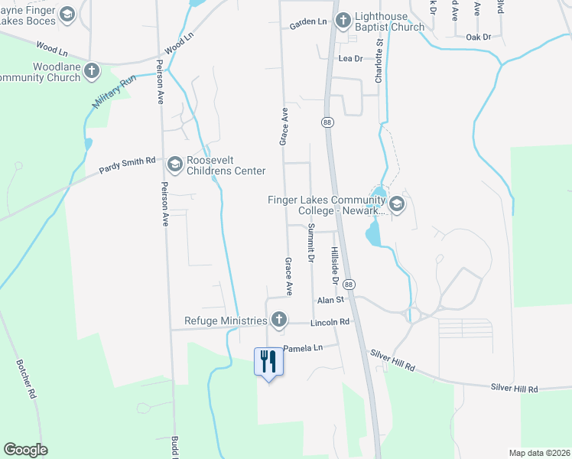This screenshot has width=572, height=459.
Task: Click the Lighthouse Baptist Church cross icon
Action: coord(343,18)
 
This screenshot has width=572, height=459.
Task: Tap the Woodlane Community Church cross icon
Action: coord(92,71)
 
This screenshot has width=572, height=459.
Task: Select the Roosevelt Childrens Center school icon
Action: coord(175,163)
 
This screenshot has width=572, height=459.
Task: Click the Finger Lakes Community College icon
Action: coord(396,203)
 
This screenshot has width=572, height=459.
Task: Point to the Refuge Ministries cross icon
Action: coord(279,320)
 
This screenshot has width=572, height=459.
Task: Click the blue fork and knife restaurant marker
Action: coord(268,360)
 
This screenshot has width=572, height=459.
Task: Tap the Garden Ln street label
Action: coord(308,25)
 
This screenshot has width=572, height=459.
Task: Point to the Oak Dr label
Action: coord(478,37)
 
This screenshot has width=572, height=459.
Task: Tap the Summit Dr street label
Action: coord(311,243)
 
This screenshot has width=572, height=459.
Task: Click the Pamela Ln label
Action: coord(304,348)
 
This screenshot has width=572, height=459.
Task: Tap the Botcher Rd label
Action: coord(25,378)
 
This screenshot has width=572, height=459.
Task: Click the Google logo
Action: coord(25,450)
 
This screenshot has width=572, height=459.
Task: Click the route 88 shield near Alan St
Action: coord(349,284)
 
